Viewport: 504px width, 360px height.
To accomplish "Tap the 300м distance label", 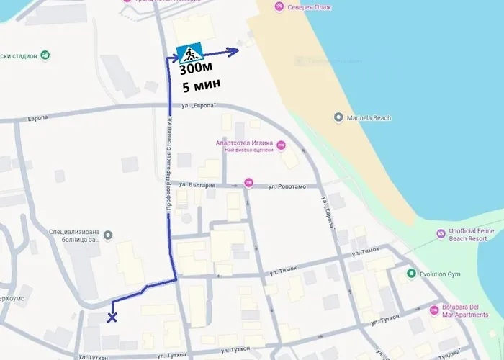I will coord(196,70).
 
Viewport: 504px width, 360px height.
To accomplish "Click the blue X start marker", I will coord(112,318).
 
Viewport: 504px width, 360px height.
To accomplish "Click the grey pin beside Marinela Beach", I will coord(338,117).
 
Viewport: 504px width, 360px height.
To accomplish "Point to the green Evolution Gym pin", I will coord(411,274).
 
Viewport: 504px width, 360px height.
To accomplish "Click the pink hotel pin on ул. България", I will coord(249,182).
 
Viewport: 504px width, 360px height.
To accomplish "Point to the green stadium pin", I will coord(45,55).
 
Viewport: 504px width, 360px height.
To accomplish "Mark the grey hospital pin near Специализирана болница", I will coord(108,235).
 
